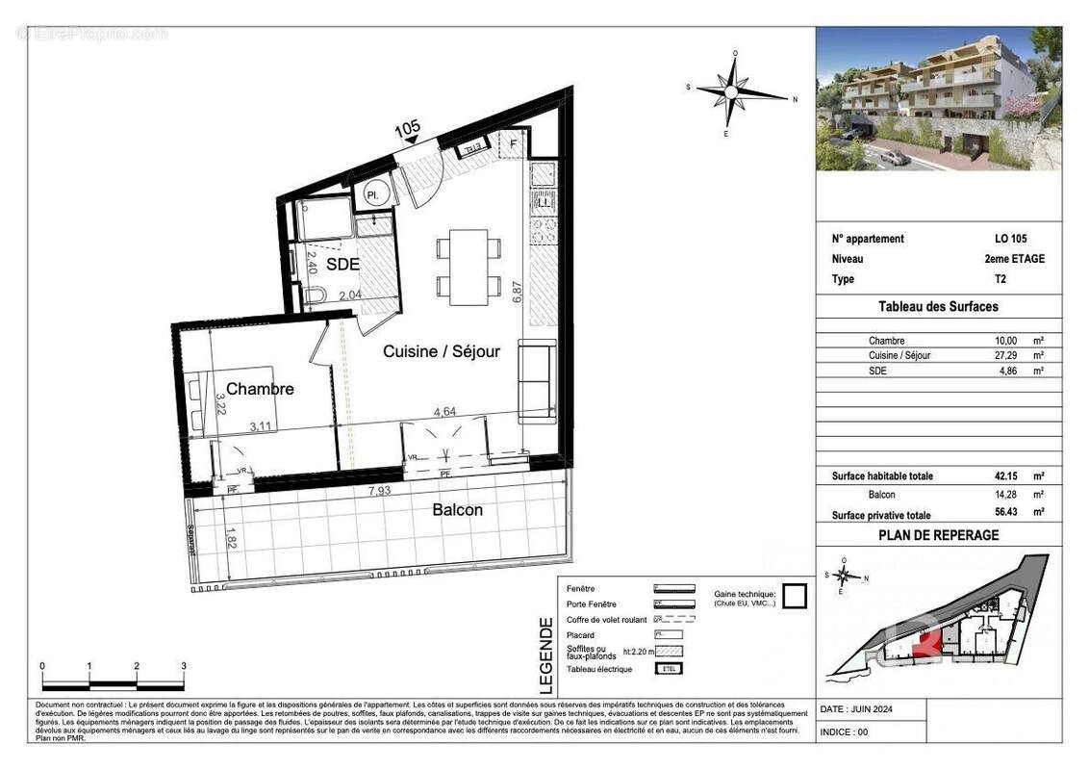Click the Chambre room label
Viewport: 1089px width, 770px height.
(260, 389)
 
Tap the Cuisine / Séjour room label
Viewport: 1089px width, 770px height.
(442, 351)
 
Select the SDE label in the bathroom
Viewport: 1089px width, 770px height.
(342, 264)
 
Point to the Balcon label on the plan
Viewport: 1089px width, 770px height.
(457, 509)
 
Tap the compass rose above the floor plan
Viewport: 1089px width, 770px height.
(733, 93)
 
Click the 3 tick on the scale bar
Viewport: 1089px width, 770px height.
(184, 666)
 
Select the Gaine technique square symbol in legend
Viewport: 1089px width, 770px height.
(793, 597)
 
